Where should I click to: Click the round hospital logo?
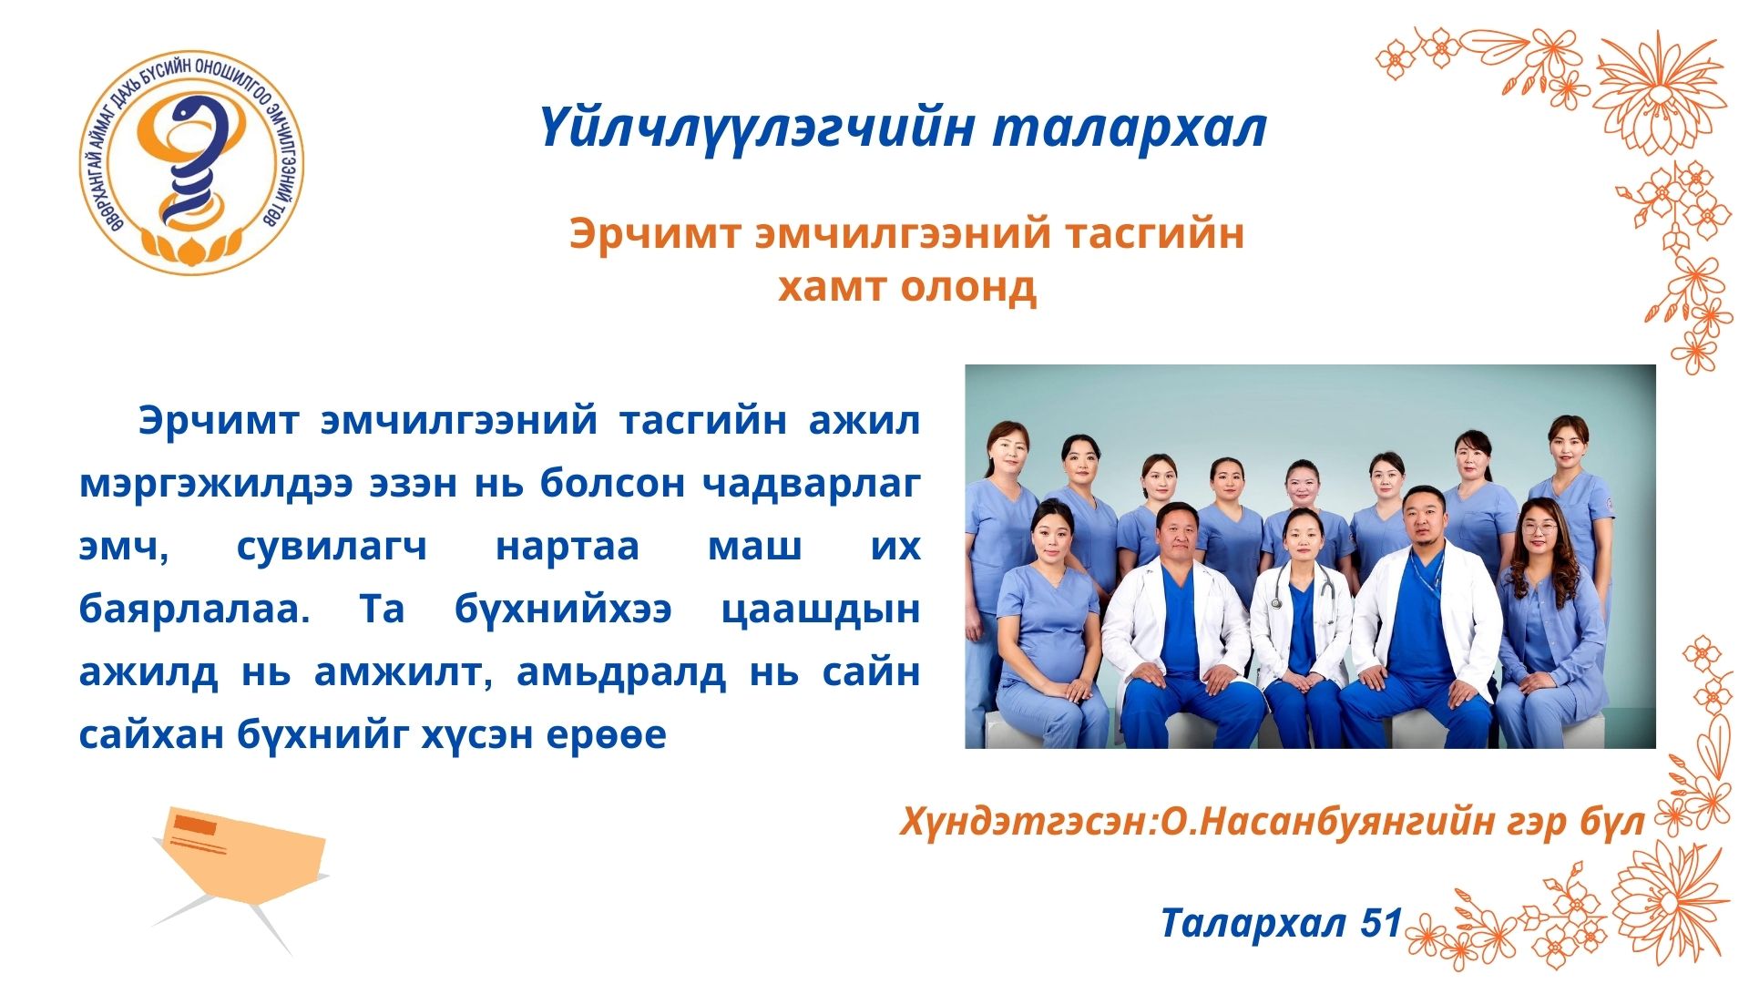(191, 162)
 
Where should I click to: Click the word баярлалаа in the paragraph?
(194, 609)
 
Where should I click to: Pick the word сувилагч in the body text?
(332, 547)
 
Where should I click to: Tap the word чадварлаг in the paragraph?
(811, 484)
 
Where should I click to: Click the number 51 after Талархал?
(1381, 923)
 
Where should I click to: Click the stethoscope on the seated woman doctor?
(1304, 588)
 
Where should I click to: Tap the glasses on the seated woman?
(1539, 528)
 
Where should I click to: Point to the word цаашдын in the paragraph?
(820, 610)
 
